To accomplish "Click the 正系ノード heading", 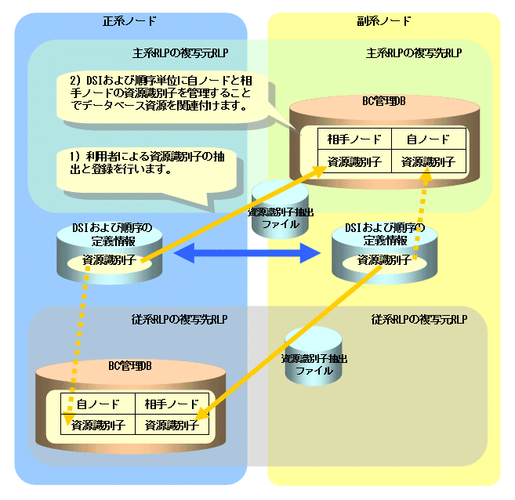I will tap(129, 20).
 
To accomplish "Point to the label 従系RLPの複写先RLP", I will tap(180, 320).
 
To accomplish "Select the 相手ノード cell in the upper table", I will tap(348, 139).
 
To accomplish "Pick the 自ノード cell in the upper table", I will tap(428, 139).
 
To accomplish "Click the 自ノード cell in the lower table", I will tap(98, 404).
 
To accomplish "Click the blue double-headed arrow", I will tap(247, 253).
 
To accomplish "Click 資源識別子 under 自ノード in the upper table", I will tap(428, 162).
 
